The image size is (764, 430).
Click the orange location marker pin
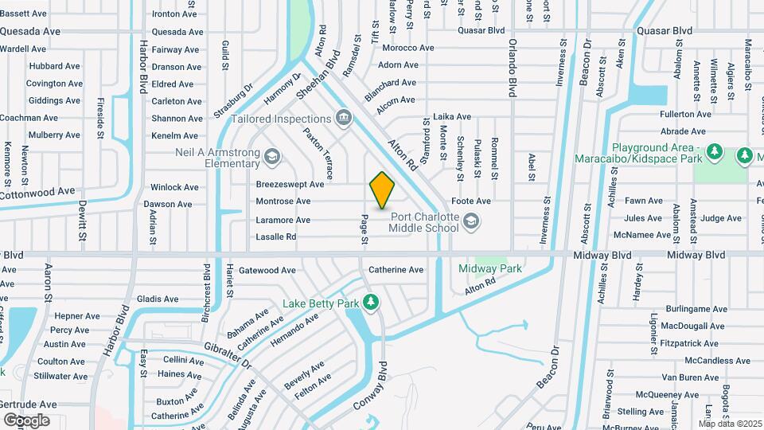click(x=382, y=190)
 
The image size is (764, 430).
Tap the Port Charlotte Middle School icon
click(x=471, y=221)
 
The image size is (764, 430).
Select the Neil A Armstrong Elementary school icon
click(x=272, y=157)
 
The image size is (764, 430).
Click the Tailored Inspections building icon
click(x=344, y=119)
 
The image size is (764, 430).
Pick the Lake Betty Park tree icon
click(x=369, y=303)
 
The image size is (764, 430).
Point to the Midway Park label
click(x=490, y=269)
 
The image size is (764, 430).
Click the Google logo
click(x=26, y=420)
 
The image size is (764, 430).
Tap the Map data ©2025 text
click(x=731, y=424)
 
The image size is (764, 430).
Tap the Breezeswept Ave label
click(x=290, y=184)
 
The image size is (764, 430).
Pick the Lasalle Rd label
click(x=276, y=237)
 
